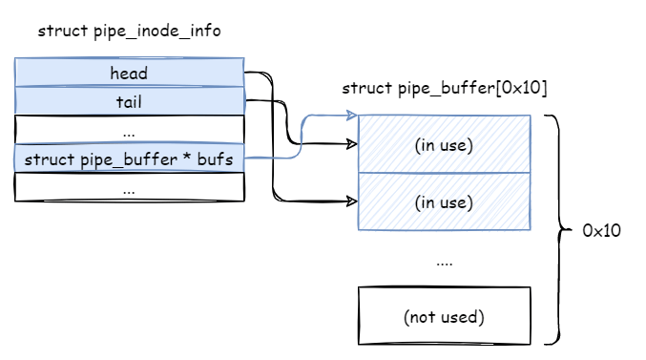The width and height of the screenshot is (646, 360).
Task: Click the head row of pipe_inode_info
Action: pyautogui.click(x=129, y=73)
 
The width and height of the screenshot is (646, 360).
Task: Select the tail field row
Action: pyautogui.click(x=129, y=101)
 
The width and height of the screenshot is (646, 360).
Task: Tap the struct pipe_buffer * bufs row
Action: pyautogui.click(x=129, y=159)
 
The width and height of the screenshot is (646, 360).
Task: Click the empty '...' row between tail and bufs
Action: pyautogui.click(x=129, y=130)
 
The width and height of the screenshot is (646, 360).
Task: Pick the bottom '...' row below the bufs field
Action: pyautogui.click(x=129, y=188)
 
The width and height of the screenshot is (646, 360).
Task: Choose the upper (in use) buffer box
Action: pyautogui.click(x=444, y=144)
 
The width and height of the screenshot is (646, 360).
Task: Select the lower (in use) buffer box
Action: pyautogui.click(x=444, y=201)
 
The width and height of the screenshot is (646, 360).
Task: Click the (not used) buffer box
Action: pyautogui.click(x=444, y=316)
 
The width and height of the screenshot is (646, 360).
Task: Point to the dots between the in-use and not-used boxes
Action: pyautogui.click(x=444, y=261)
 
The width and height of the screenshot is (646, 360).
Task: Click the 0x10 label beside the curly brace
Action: pyautogui.click(x=602, y=230)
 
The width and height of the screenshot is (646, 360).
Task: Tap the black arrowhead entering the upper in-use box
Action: pyautogui.click(x=351, y=145)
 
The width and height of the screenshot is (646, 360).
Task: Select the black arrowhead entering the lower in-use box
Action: pyautogui.click(x=351, y=202)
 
